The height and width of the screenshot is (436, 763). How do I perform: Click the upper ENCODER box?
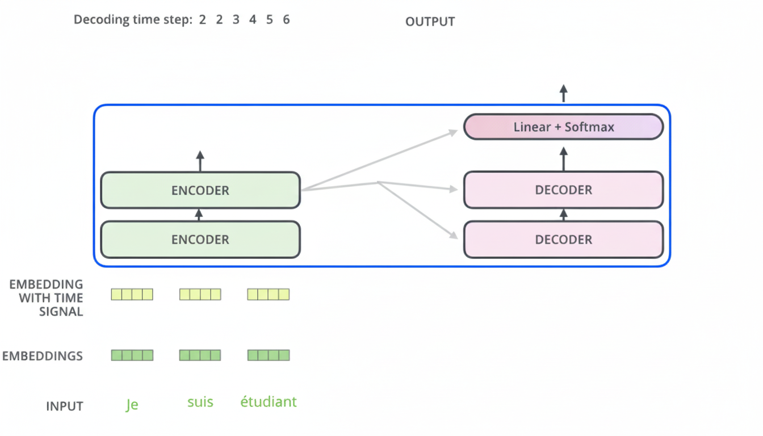click(200, 190)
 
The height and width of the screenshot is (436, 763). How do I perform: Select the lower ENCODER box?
click(200, 240)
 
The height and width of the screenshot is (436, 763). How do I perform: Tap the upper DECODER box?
click(563, 190)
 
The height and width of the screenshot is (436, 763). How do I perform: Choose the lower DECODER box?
click(563, 240)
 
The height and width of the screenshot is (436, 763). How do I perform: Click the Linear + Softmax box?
click(563, 127)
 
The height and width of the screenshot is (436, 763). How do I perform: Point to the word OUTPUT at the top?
click(430, 22)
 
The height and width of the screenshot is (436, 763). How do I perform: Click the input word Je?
click(132, 405)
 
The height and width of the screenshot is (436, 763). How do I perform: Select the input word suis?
click(200, 403)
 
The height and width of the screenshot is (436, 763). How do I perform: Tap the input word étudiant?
click(268, 403)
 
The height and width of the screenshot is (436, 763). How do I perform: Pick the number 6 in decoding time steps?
click(286, 20)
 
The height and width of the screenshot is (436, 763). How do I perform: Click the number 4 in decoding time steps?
click(253, 20)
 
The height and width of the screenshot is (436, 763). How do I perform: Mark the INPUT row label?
click(65, 406)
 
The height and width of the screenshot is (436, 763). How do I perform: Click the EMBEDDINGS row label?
click(43, 356)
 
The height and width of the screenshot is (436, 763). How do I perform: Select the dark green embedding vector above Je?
click(132, 355)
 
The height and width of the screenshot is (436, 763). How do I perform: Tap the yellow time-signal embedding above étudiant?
click(268, 294)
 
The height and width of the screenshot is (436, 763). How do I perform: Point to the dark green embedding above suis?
click(200, 355)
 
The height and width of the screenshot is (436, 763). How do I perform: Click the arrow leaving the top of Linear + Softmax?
click(563, 94)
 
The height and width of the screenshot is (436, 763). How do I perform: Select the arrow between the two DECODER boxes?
click(563, 215)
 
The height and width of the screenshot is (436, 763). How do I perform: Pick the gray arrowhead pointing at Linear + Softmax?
click(453, 132)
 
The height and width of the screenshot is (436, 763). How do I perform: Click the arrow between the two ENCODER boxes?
click(199, 215)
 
